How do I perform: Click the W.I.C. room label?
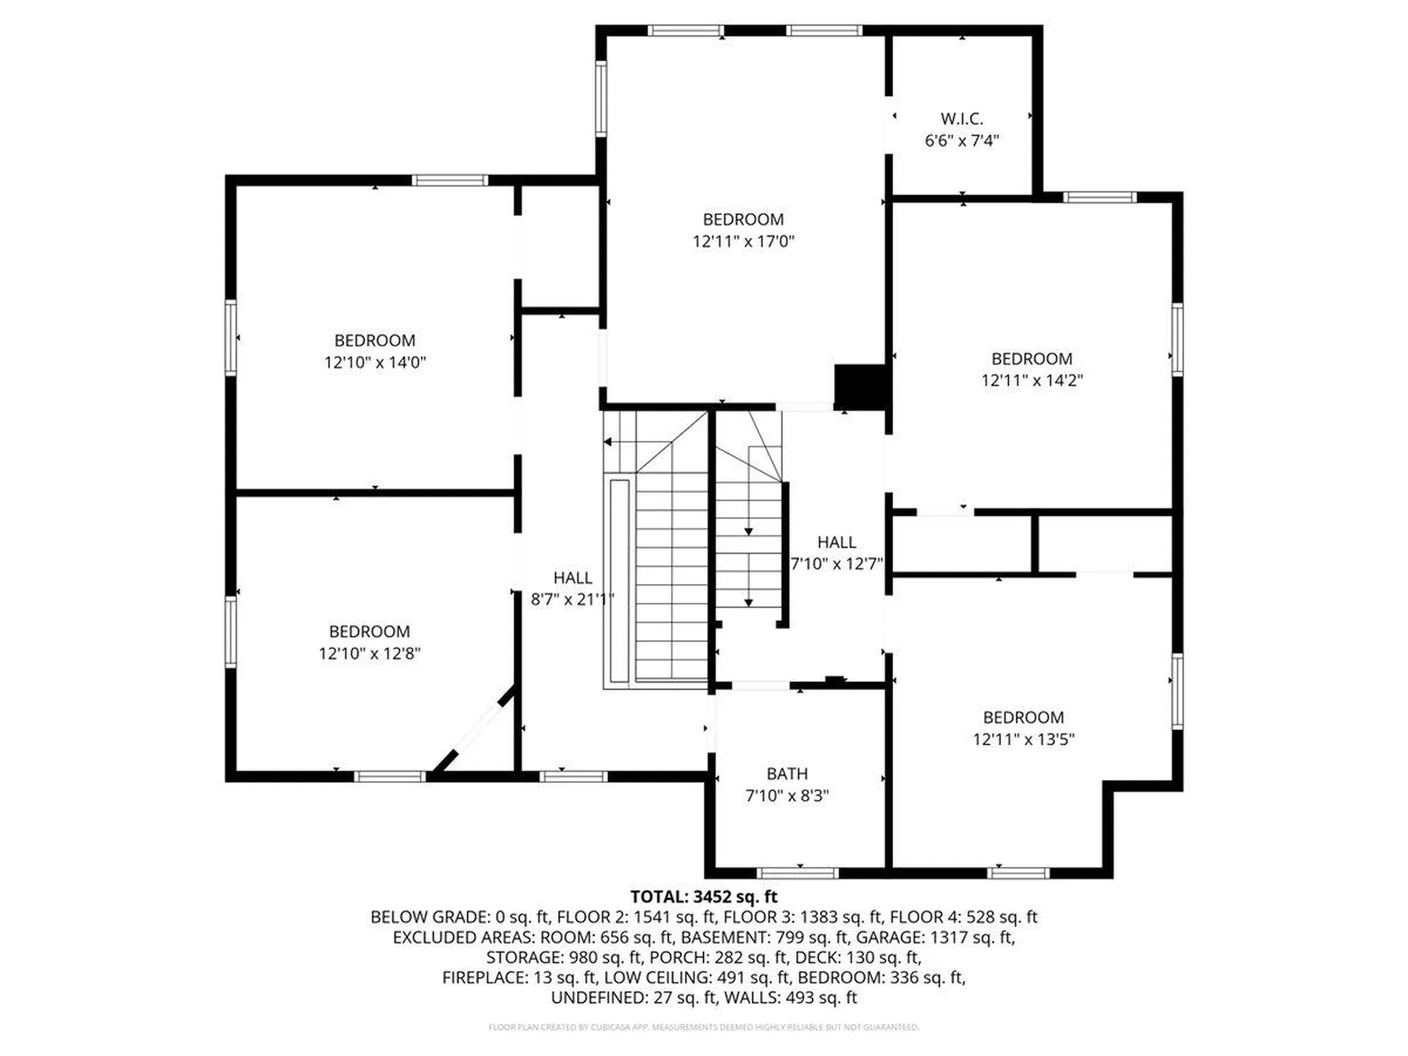(x=961, y=119)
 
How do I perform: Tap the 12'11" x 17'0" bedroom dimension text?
(x=744, y=241)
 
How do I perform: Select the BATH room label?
(x=787, y=774)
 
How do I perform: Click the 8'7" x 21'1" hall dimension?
(x=572, y=599)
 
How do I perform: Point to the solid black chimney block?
(x=861, y=386)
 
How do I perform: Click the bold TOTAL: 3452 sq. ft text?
(x=703, y=896)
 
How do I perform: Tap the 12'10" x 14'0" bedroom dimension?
(x=375, y=362)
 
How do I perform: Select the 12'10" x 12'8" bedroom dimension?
(x=369, y=653)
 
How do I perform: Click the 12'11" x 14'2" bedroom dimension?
(x=1032, y=380)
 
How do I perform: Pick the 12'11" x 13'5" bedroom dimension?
(x=1023, y=739)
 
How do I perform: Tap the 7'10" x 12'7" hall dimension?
(x=837, y=564)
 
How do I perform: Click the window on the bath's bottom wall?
(x=797, y=873)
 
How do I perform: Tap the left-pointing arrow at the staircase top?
(x=609, y=442)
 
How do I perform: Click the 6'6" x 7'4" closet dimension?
(x=961, y=141)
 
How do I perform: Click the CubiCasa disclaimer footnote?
(x=703, y=1027)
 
